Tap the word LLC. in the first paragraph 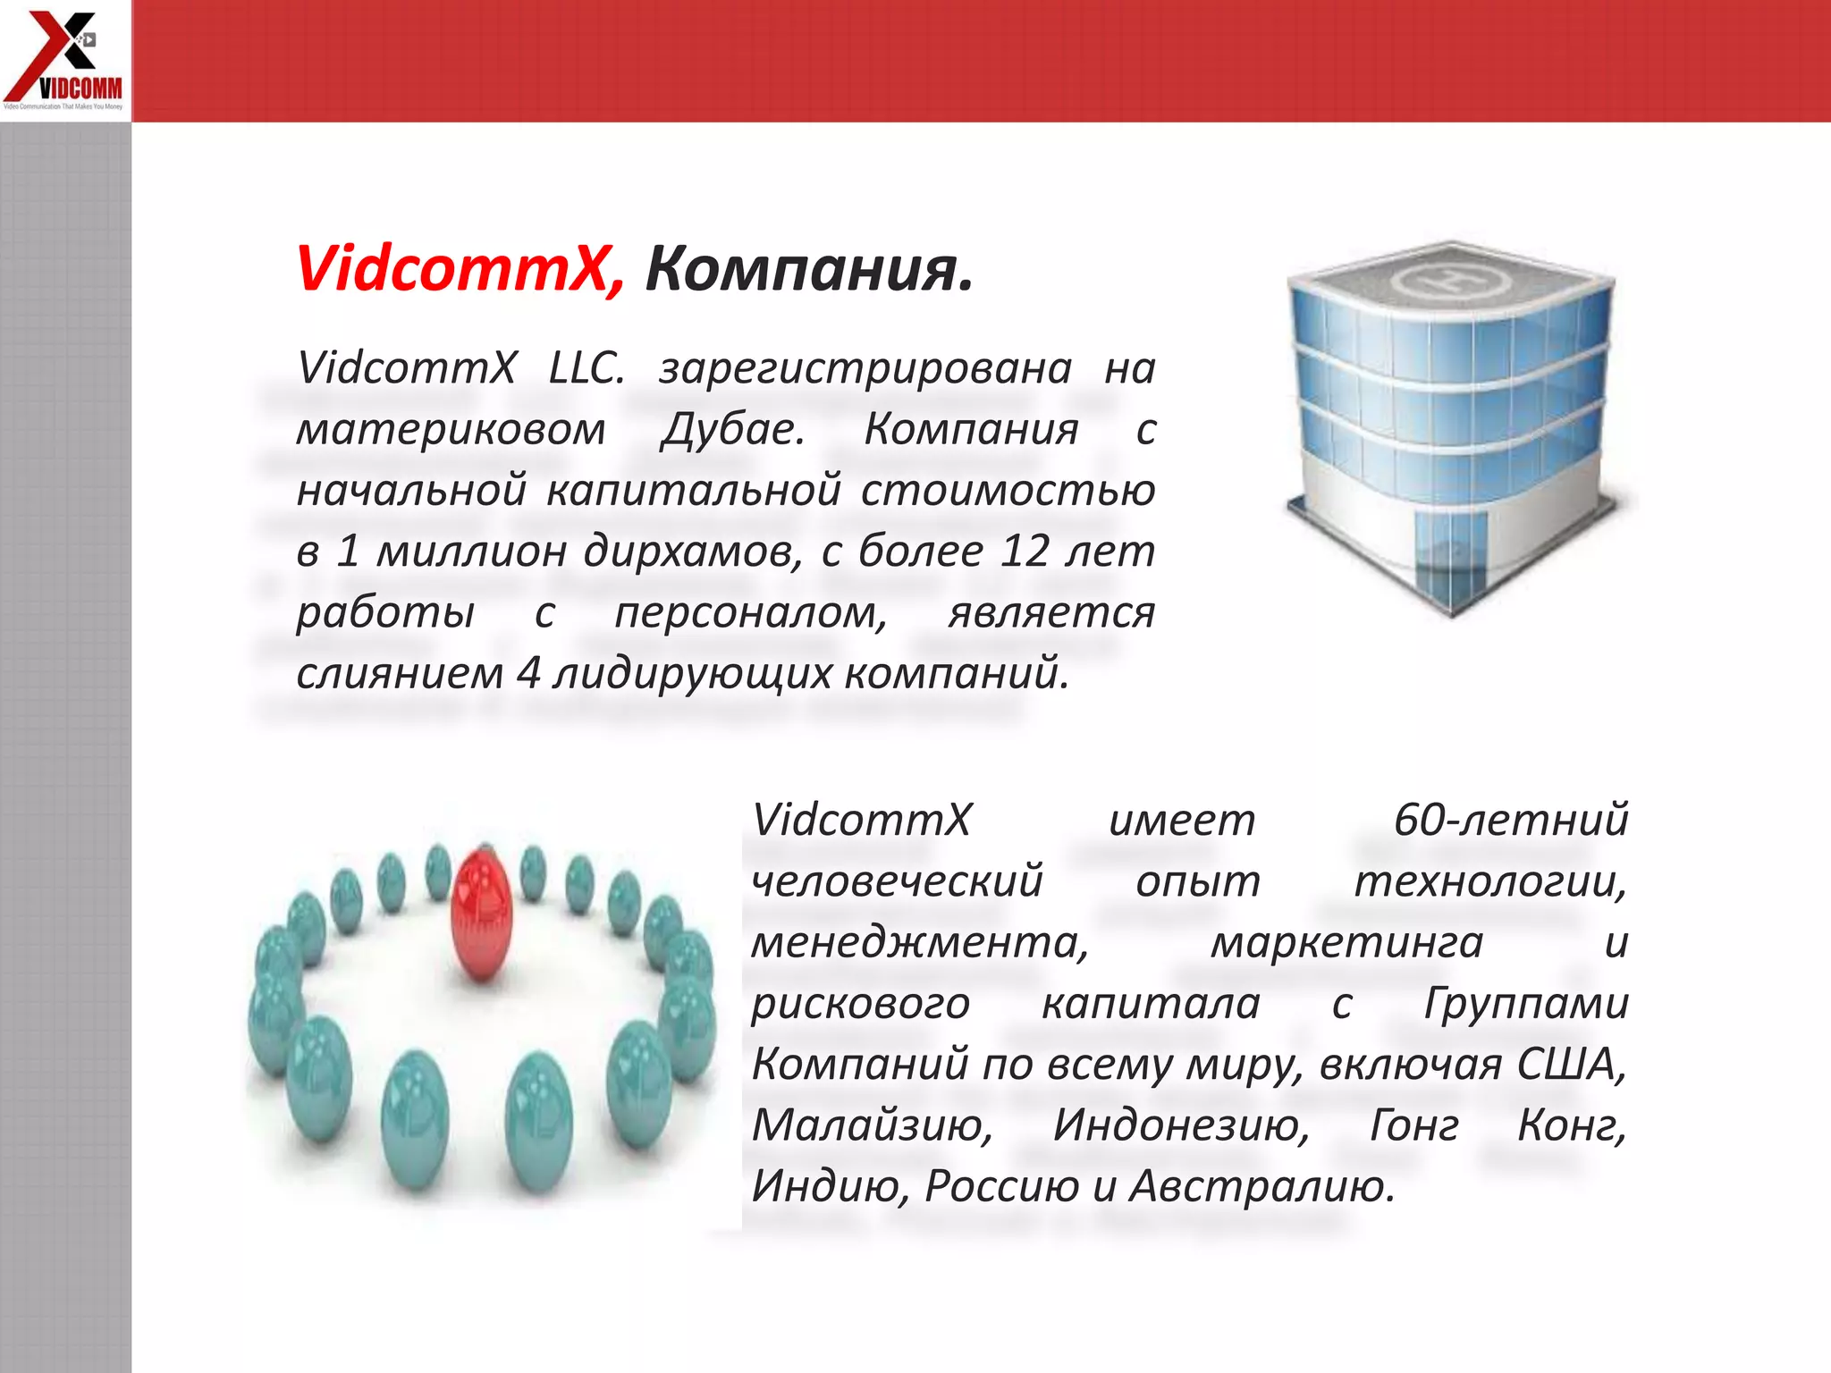[586, 368]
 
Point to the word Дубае [732, 429]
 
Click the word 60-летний [1510, 820]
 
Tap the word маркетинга [1346, 942]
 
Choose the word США [1570, 1064]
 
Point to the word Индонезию [1180, 1125]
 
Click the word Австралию [1261, 1187]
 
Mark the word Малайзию [872, 1125]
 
